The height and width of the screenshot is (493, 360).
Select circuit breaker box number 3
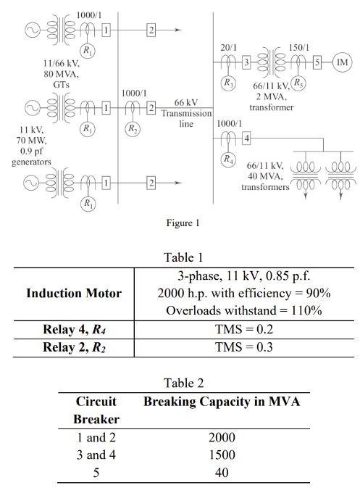point(246,65)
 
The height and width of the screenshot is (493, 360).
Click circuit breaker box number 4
point(246,138)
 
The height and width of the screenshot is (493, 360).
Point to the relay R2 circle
point(133,129)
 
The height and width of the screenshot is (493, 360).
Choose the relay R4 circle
point(229,158)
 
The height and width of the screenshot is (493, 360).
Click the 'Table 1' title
point(180,257)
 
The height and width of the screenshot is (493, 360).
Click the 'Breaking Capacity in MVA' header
point(222,401)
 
